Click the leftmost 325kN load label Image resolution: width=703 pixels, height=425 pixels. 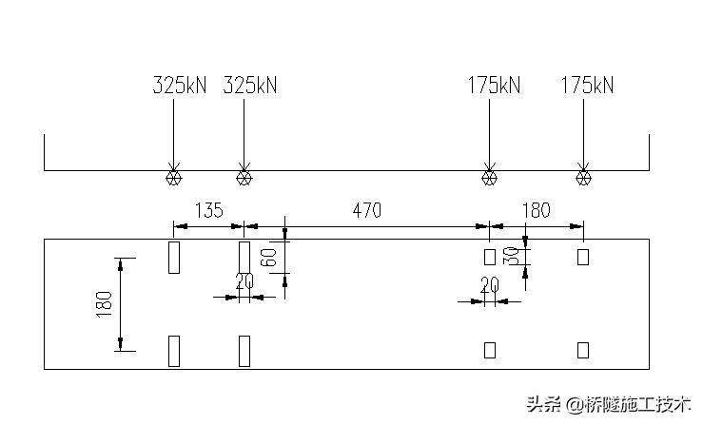179,86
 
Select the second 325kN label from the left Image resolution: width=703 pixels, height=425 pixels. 249,86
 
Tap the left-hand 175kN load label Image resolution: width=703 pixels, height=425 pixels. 494,86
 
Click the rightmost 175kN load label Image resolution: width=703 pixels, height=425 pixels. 587,86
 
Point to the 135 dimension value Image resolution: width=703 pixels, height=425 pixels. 208,210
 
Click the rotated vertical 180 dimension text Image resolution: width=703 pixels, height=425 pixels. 105,303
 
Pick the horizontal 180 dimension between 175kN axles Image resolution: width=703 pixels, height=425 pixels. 537,210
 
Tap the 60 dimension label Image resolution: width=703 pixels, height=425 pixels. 270,257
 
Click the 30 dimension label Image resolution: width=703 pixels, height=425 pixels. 512,256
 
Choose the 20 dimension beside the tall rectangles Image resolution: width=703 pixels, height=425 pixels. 244,281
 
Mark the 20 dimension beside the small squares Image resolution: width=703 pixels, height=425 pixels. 489,285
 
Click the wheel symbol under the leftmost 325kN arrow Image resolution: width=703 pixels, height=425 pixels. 173,177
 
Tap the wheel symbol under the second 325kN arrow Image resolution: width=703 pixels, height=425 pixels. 244,177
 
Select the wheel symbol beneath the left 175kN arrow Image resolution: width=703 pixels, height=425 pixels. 489,177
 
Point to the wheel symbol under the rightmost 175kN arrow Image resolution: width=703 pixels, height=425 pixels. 583,177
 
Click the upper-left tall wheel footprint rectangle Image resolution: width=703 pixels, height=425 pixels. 174,257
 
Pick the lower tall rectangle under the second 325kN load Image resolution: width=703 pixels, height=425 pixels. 244,350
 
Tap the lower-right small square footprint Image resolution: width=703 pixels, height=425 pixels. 583,350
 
